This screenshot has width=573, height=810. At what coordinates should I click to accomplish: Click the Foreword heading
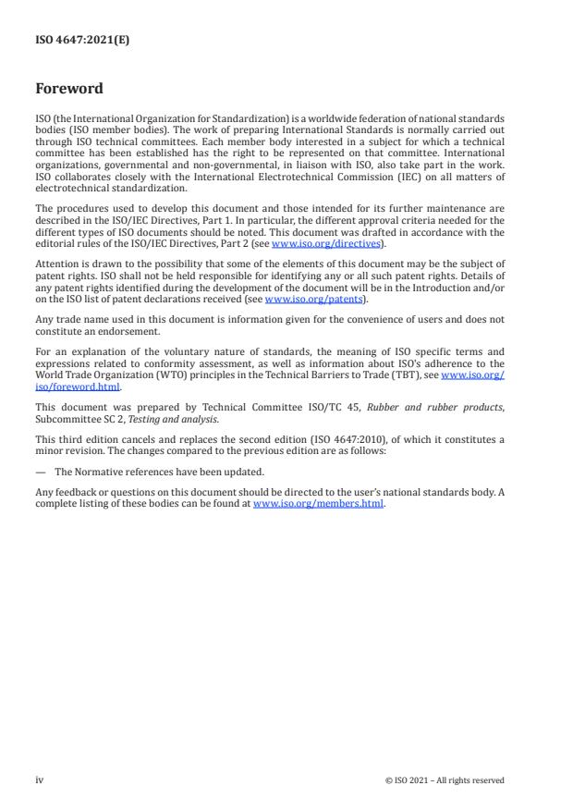(68, 90)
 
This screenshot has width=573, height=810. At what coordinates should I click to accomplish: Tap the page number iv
(40, 779)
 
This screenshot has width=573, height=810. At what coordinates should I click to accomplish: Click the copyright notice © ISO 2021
(445, 780)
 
